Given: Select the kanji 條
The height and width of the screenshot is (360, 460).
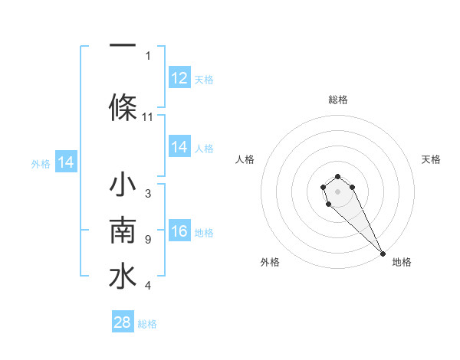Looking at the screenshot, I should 123,106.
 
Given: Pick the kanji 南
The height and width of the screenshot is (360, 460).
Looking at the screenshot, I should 123,231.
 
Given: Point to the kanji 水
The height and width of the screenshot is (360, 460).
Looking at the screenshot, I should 123,277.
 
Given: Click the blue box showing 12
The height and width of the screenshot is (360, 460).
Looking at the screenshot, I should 179,78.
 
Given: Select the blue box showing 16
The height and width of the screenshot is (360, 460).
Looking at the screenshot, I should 179,232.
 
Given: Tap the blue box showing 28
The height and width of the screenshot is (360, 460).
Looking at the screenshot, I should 123,322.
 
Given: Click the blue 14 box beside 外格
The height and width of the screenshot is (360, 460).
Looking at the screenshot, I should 65,162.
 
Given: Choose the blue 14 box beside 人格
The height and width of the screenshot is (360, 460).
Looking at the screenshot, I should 179,147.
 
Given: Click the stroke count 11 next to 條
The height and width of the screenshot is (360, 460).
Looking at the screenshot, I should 148,117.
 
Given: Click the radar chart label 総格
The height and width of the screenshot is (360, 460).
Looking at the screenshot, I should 338,100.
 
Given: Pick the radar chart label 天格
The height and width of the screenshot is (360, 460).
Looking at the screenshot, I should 431,159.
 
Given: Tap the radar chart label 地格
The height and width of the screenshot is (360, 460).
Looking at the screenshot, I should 402,263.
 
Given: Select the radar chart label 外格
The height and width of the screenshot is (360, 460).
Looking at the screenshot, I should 270,263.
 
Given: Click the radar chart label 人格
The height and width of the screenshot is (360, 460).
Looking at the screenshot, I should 245,159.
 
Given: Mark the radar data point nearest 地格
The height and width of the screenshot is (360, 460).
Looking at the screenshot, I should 383,254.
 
